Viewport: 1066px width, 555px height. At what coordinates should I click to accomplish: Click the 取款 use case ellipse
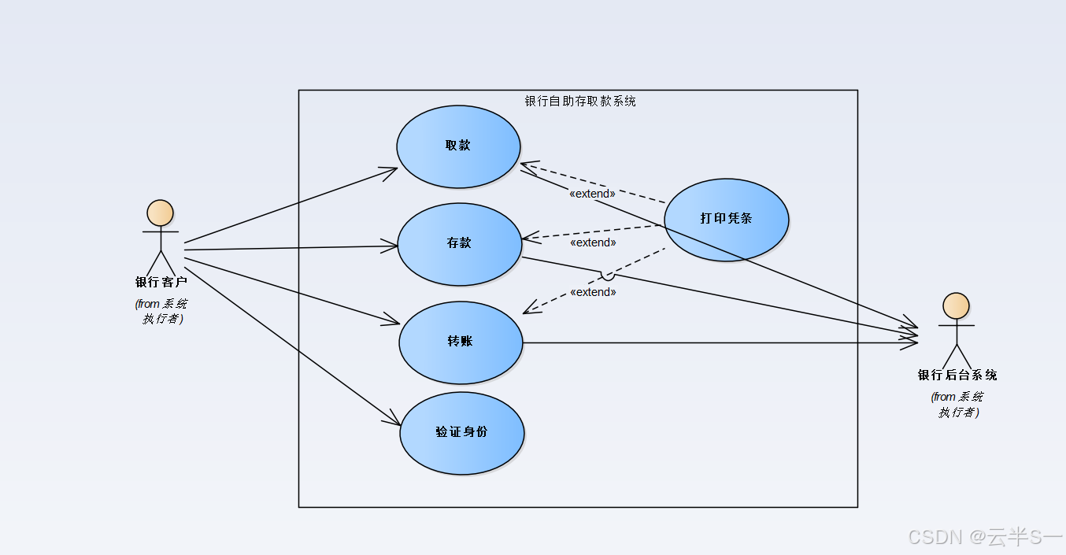click(458, 146)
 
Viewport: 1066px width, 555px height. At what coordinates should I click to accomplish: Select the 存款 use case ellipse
click(459, 244)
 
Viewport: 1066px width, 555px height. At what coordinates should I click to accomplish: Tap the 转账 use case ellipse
click(461, 342)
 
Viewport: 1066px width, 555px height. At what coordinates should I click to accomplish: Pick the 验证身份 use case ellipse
click(461, 433)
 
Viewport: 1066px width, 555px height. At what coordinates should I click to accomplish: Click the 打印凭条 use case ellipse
click(726, 220)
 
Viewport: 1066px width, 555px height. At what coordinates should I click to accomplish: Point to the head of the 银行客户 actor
click(160, 213)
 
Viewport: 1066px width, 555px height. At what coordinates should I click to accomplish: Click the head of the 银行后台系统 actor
click(956, 306)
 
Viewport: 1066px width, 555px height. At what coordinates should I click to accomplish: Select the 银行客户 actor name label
click(161, 282)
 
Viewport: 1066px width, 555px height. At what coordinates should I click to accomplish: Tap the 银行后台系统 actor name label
click(957, 376)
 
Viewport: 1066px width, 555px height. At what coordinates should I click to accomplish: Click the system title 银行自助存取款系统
click(579, 101)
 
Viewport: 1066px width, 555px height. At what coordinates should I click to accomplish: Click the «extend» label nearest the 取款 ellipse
click(592, 194)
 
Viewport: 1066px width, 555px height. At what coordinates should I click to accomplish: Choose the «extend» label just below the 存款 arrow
click(593, 242)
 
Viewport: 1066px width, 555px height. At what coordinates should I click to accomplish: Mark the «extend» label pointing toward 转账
click(593, 292)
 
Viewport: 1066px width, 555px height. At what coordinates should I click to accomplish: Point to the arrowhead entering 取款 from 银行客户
click(391, 169)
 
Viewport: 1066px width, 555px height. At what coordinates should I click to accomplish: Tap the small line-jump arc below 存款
click(607, 276)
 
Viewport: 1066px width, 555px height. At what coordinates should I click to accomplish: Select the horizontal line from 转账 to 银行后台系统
click(709, 342)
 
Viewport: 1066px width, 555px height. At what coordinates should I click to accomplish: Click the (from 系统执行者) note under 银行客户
click(161, 311)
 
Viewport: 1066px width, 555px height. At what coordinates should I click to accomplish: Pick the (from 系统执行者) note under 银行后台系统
click(957, 404)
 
